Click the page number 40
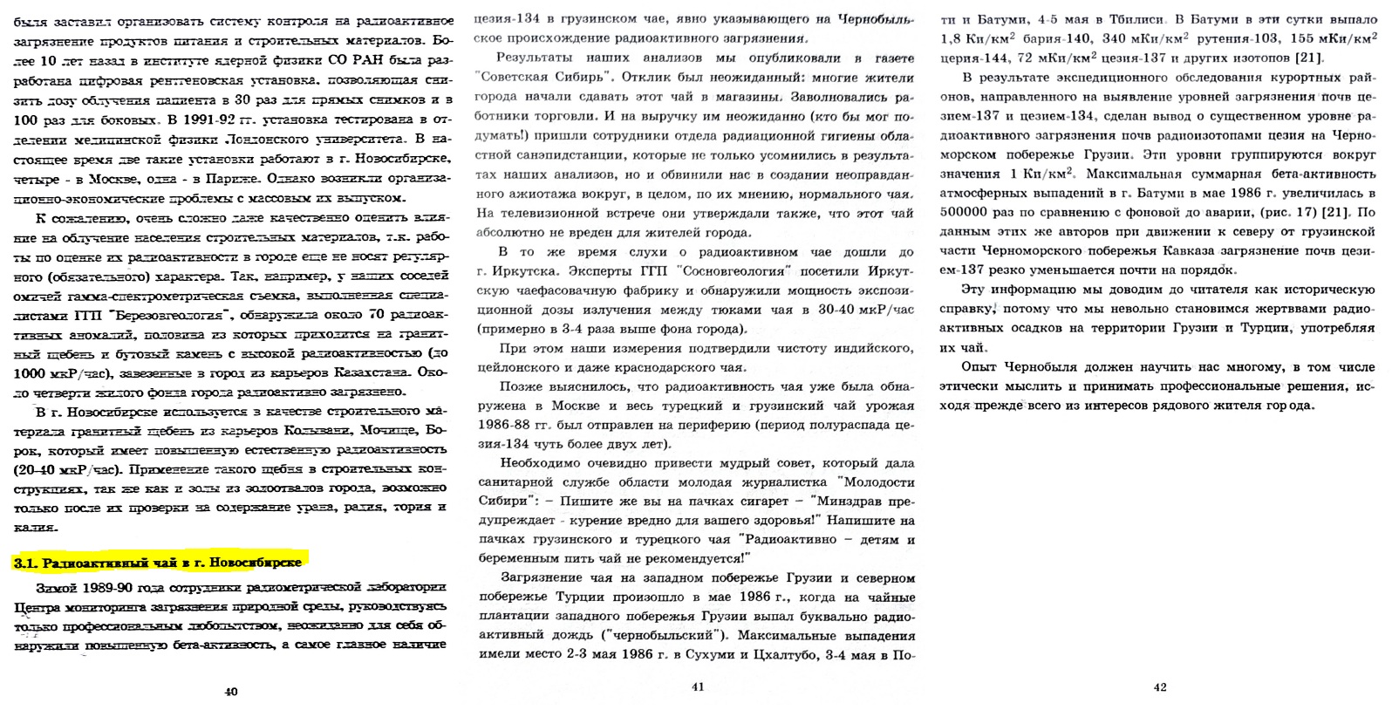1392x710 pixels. (231, 692)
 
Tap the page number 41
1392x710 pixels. (698, 686)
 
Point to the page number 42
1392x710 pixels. (1160, 687)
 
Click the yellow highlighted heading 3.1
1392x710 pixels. (158, 563)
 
